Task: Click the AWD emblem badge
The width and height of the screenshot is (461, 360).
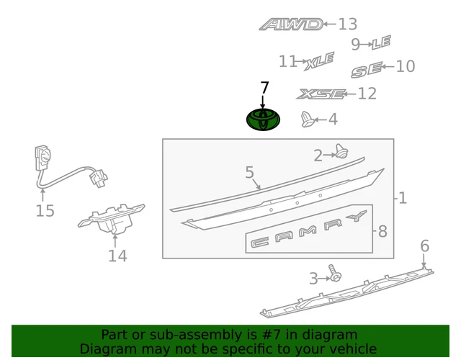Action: (291, 24)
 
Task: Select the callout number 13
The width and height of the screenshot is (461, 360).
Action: (347, 24)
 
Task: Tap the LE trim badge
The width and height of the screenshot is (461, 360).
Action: (381, 42)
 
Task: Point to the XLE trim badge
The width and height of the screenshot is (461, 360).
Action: (319, 61)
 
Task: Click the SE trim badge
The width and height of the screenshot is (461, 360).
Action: (367, 70)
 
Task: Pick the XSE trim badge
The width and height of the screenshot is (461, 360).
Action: (321, 94)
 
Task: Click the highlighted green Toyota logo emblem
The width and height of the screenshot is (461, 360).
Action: (263, 120)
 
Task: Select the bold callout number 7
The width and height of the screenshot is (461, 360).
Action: (264, 88)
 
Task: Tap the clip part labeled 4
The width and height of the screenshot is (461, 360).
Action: (308, 120)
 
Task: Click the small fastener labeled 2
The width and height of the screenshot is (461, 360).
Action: (342, 151)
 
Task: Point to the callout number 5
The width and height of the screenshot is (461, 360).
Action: (249, 172)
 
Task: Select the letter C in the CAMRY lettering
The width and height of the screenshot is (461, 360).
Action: (259, 242)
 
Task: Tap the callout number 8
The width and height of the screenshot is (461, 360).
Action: (382, 232)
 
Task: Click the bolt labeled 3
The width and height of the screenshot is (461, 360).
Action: (334, 273)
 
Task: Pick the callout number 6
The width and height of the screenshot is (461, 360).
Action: (425, 246)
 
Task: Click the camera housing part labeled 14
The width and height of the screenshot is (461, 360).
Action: (111, 219)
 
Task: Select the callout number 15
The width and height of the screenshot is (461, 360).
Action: (45, 211)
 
